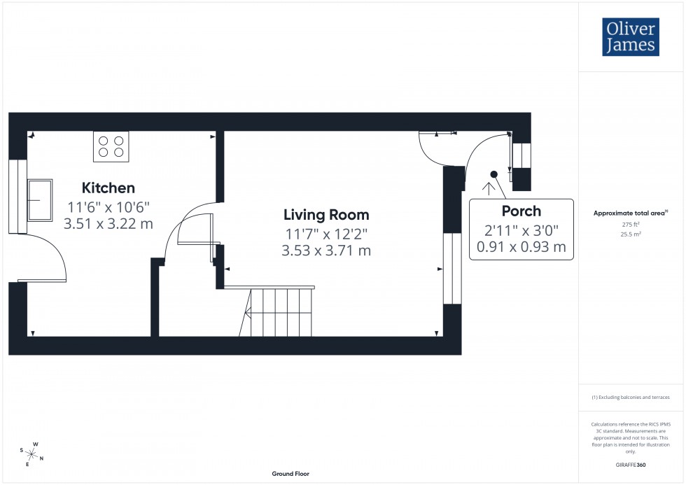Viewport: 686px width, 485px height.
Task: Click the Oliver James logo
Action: tap(629, 37)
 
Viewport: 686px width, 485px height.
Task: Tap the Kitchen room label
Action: tap(108, 188)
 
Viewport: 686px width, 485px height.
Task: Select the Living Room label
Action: tap(326, 215)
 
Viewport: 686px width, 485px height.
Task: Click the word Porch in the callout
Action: tap(521, 211)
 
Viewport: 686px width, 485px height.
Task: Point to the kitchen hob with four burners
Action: tap(111, 146)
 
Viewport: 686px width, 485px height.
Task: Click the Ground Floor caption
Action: tap(290, 474)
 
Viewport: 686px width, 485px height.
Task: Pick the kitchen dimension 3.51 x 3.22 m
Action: tap(108, 224)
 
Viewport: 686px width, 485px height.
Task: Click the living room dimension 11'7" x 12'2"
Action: tap(326, 234)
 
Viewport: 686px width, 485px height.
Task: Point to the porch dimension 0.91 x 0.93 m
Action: tap(521, 246)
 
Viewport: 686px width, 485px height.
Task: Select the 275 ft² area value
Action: tap(631, 224)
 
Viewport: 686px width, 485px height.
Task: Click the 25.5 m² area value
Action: tap(631, 234)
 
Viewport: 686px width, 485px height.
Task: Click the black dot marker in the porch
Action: tap(493, 174)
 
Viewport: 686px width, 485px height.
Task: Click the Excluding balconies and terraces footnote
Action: tap(631, 398)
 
